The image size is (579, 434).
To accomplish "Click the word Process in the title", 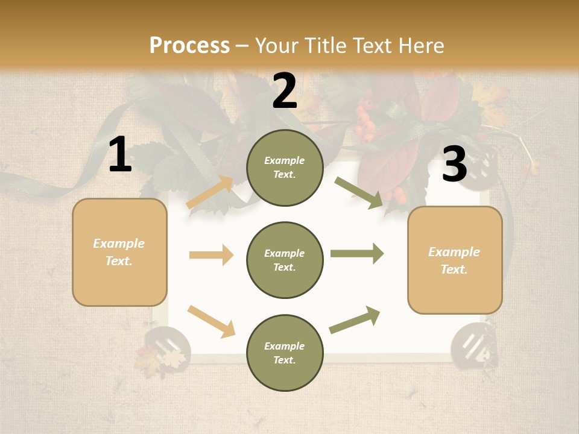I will tap(189, 45).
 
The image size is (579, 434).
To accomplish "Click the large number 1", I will tap(120, 155).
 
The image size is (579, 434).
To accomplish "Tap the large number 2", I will tap(285, 91).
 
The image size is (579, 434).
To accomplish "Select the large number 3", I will tap(454, 164).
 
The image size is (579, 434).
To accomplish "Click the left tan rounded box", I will tap(119, 252).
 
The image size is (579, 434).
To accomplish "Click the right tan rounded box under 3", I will tap(455, 260).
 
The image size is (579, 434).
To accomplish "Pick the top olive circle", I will tap(285, 168).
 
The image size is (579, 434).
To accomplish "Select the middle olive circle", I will tap(285, 260).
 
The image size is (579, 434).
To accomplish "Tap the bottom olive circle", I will tap(285, 353).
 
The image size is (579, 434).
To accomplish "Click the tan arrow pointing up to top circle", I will tap(210, 192).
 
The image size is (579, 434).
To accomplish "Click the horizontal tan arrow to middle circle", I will tap(211, 255).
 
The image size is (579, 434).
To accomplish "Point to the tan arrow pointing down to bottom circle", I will tap(211, 321).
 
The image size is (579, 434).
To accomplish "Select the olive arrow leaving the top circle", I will tap(359, 193).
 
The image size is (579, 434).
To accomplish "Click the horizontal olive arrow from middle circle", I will tap(357, 253).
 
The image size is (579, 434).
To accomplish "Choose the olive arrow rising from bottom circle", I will tap(355, 319).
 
